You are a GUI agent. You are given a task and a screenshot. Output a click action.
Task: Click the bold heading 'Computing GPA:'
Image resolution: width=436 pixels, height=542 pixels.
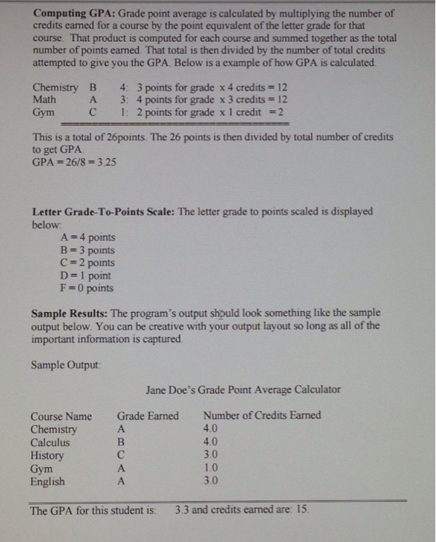74,13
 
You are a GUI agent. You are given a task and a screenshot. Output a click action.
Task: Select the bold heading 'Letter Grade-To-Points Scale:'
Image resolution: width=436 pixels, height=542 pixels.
103,211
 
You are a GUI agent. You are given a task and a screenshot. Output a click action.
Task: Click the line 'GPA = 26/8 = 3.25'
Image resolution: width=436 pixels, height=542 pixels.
74,163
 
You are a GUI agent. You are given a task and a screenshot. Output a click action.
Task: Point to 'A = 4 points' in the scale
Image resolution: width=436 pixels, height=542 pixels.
87,237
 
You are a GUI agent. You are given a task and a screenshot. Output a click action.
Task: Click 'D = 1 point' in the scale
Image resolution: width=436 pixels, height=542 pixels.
85,276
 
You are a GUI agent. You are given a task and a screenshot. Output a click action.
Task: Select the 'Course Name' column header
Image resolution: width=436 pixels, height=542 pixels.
61,416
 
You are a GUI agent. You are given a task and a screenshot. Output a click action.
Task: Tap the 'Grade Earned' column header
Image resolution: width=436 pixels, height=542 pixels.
147,416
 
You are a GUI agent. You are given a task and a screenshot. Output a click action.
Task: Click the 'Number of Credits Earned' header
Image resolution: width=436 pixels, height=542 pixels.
261,416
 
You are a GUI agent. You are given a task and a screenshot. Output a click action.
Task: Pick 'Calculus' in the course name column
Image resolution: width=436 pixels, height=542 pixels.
50,442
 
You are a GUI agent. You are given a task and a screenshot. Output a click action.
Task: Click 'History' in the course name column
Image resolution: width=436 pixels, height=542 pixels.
47,455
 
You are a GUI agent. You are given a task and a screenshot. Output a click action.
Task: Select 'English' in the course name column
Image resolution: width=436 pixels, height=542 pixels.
47,482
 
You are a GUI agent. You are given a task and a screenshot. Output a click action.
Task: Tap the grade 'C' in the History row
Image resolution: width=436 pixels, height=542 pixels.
120,455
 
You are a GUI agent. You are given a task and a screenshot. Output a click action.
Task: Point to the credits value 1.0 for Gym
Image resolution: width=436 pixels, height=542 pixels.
210,468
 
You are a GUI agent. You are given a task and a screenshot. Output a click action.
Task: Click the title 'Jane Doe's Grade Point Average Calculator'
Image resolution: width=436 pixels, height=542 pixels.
243,389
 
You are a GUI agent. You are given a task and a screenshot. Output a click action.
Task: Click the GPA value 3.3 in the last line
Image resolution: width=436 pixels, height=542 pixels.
182,510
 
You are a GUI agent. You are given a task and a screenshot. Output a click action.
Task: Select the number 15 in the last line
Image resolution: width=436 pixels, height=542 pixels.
302,510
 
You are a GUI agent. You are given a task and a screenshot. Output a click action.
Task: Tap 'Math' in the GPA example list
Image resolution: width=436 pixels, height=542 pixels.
44,99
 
